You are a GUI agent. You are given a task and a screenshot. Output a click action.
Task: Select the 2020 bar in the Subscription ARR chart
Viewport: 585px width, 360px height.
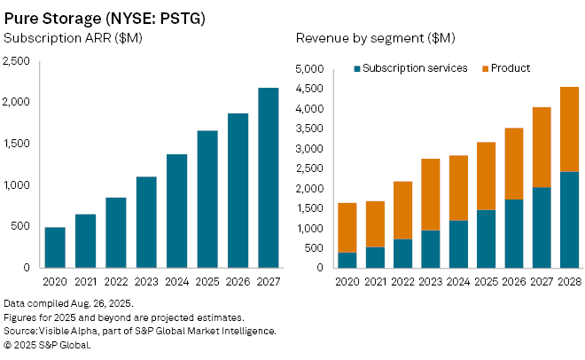[x=55, y=247]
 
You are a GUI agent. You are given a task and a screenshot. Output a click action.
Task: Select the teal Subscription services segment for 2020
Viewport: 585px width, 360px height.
[x=347, y=260]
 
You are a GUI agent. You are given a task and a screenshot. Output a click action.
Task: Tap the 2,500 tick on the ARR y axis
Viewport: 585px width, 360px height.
[x=18, y=60]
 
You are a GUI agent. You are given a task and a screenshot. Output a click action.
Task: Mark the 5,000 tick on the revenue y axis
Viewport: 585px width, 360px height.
[x=311, y=69]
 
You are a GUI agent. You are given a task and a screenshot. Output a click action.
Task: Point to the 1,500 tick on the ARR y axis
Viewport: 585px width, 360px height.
[x=18, y=143]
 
